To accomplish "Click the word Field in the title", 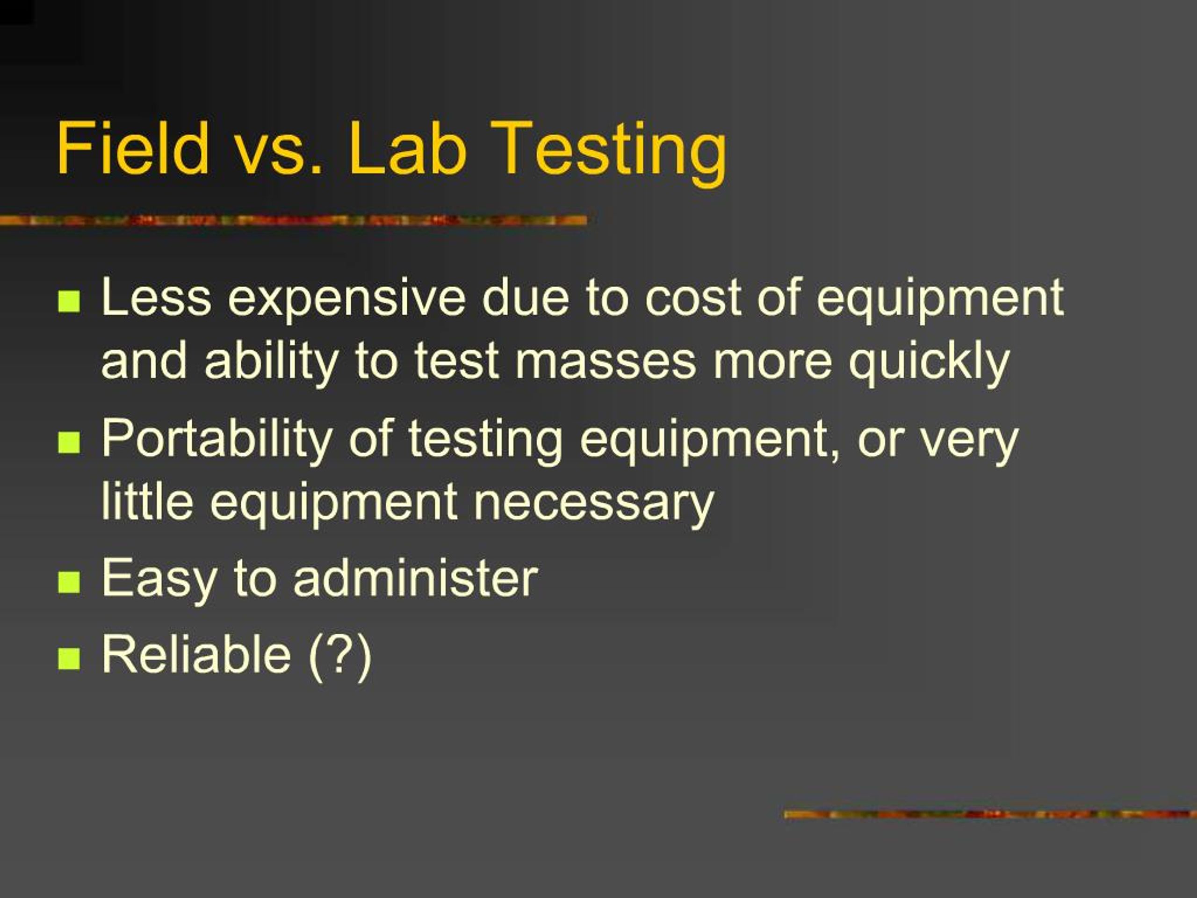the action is click(x=133, y=147).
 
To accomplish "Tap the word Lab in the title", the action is click(x=406, y=147).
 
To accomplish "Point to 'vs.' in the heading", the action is click(x=278, y=154).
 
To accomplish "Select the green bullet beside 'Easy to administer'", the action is click(x=69, y=582).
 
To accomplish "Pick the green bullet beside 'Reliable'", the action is click(x=69, y=659).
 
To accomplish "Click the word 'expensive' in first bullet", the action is click(x=346, y=300).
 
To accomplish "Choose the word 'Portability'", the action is click(x=217, y=441).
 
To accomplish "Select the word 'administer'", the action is click(x=416, y=578).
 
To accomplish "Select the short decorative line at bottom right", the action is click(x=990, y=814).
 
